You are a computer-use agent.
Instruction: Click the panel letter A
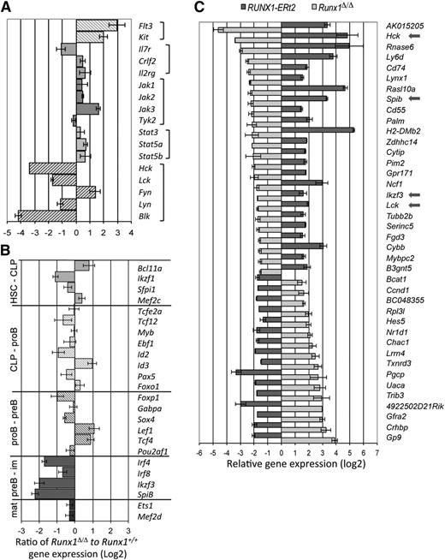(x=7, y=8)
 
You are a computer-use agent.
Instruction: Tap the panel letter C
(x=197, y=8)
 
